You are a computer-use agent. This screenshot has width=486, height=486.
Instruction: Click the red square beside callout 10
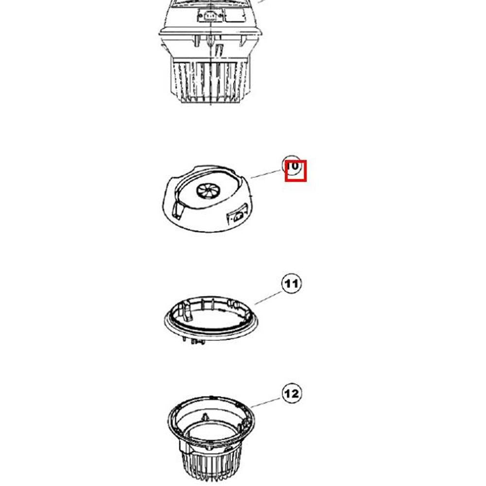point(295,171)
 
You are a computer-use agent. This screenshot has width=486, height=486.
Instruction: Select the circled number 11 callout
point(291,283)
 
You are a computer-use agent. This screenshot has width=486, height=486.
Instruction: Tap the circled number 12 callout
point(291,393)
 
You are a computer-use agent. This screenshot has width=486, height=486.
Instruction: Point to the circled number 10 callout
point(292,165)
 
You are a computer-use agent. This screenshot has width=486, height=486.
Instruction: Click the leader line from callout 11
point(268,297)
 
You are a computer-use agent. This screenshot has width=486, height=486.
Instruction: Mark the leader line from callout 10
point(266,173)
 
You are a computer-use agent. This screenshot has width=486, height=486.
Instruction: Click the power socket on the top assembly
point(209,16)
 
